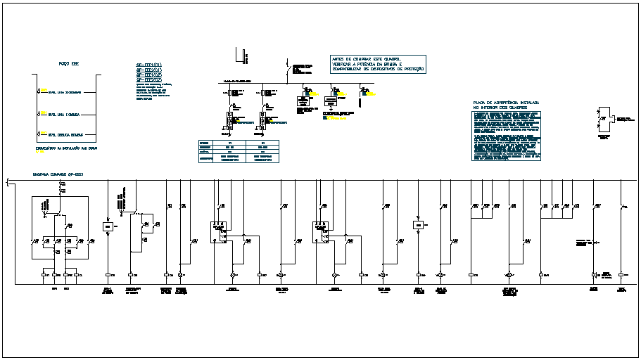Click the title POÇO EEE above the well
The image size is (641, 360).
[68, 64]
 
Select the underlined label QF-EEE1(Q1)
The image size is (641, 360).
[148, 65]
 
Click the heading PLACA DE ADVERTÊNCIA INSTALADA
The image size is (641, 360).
[507, 103]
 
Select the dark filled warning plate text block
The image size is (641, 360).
[507, 134]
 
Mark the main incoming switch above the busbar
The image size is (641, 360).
[288, 70]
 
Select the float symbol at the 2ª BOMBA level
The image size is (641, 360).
[39, 92]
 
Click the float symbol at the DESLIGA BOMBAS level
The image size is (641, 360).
[39, 134]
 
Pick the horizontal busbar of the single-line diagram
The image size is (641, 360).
[296, 84]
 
